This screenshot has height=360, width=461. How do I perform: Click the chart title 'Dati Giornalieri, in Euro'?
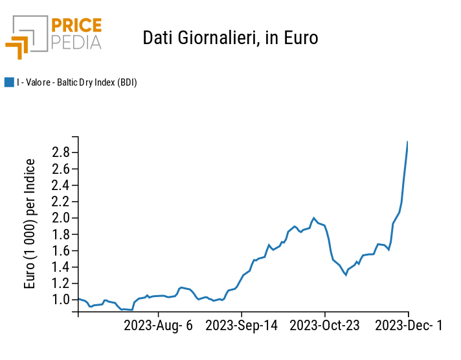tap(230, 38)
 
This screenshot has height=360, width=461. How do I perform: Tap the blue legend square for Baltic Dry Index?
tap(9, 82)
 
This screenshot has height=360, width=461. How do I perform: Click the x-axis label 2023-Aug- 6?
tap(159, 326)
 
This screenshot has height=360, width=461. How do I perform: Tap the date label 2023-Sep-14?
tap(242, 326)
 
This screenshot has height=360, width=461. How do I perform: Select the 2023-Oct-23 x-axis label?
tap(324, 326)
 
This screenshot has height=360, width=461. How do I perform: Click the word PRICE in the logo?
tap(76, 26)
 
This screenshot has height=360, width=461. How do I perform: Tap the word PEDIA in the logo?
tap(76, 42)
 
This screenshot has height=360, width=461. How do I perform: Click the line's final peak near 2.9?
tap(407, 142)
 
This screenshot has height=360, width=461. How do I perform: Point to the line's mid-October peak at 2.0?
tap(314, 218)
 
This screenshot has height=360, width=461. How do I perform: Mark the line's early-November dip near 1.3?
tap(346, 274)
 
